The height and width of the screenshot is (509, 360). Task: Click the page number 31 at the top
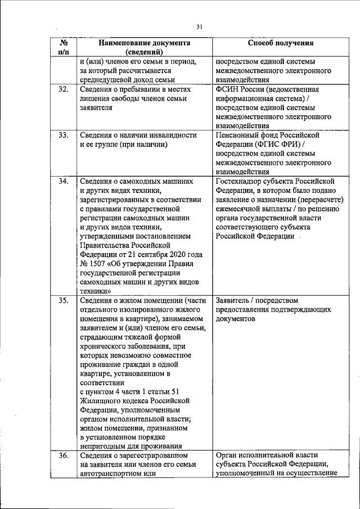point(199,26)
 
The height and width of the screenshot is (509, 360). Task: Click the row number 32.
point(64,89)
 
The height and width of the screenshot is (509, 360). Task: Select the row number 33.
point(64,135)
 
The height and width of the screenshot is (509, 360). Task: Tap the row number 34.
point(64,181)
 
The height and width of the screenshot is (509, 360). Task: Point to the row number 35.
point(64,300)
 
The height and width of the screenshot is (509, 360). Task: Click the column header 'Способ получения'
point(280,43)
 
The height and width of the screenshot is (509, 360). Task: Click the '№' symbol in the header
point(64,42)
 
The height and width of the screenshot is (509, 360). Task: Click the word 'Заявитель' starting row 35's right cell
point(234,300)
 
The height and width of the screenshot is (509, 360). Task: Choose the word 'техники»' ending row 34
point(94,291)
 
